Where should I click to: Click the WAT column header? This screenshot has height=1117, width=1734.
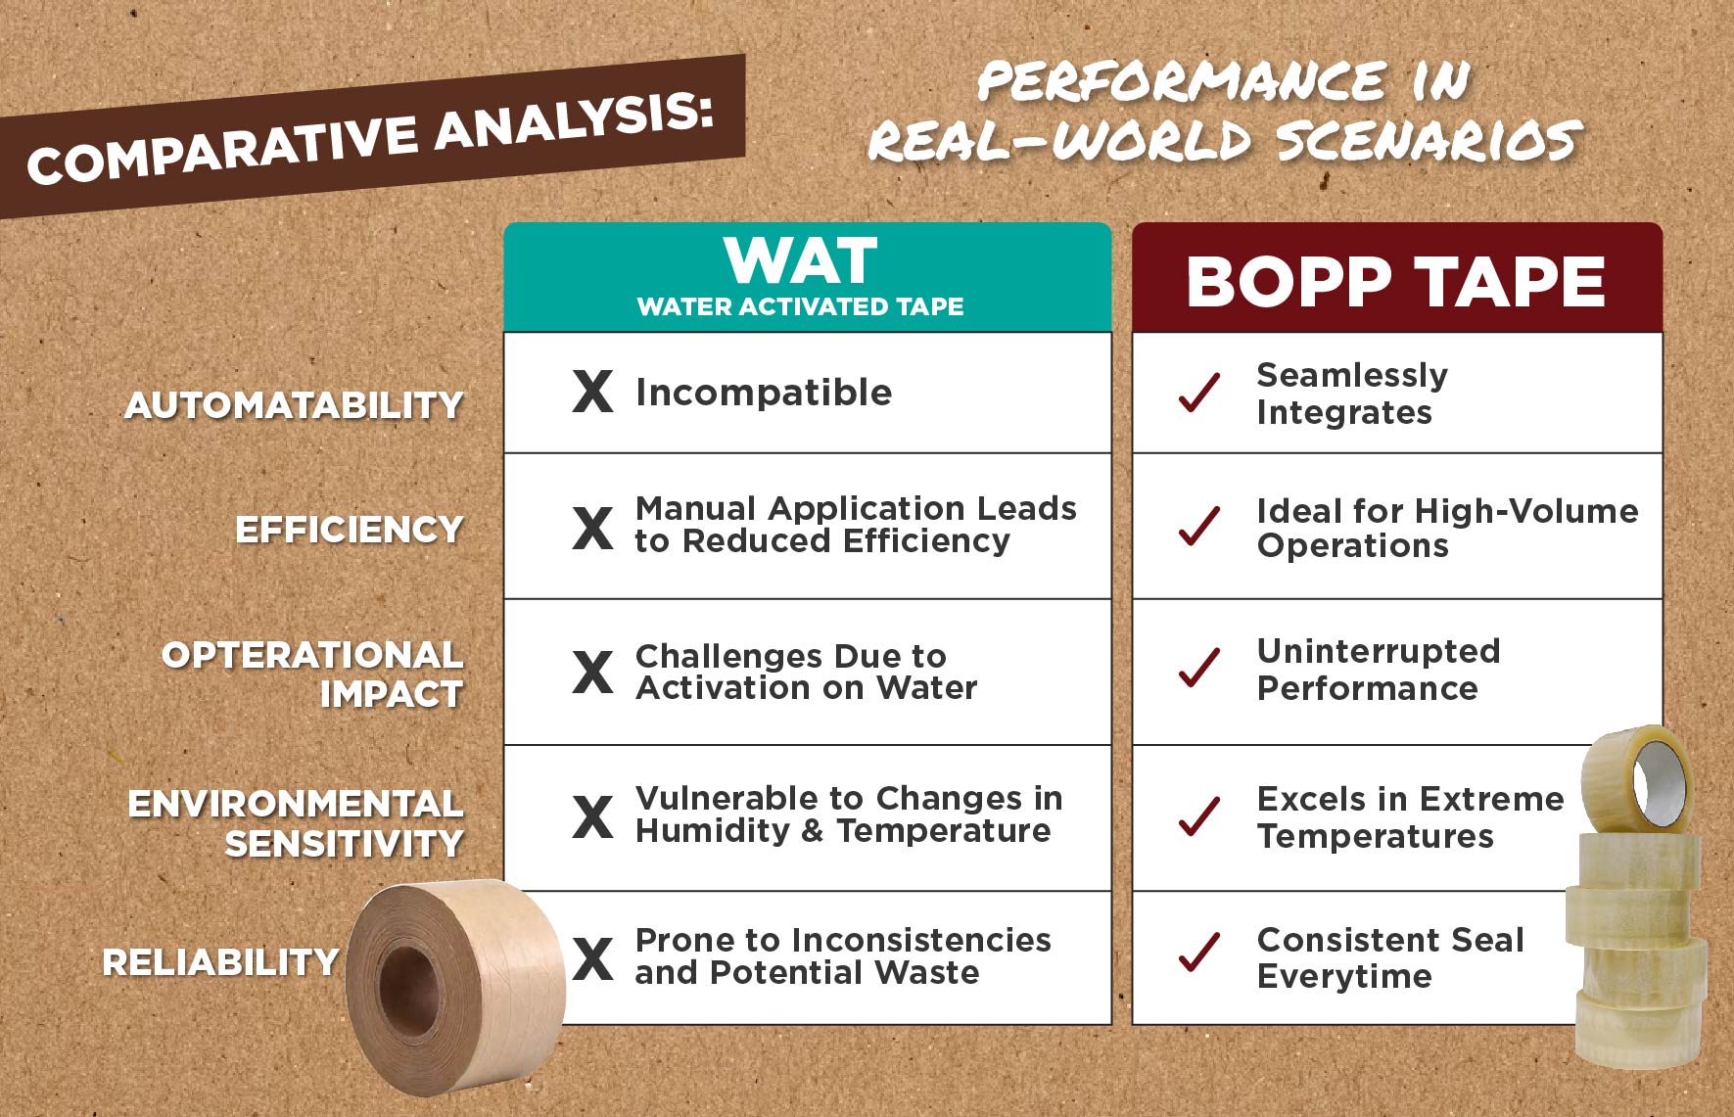pyautogui.click(x=808, y=277)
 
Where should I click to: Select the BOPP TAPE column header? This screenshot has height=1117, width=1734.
pyautogui.click(x=1397, y=277)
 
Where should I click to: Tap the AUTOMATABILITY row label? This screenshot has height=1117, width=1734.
pyautogui.click(x=294, y=405)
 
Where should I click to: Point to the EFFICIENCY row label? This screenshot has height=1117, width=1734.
pyautogui.click(x=350, y=530)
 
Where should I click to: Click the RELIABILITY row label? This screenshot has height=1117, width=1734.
pyautogui.click(x=221, y=962)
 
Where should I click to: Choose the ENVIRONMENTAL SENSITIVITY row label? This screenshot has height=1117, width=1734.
pyautogui.click(x=296, y=823)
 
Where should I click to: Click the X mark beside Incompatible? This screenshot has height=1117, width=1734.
pyautogui.click(x=593, y=392)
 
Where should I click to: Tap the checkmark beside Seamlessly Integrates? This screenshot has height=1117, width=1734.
pyautogui.click(x=1199, y=393)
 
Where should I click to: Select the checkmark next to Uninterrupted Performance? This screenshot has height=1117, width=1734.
pyautogui.click(x=1199, y=669)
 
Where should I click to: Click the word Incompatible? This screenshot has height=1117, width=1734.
pyautogui.click(x=764, y=393)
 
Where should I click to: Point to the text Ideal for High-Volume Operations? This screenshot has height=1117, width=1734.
pyautogui.click(x=1447, y=527)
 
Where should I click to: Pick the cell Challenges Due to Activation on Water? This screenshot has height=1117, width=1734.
pyautogui.click(x=808, y=672)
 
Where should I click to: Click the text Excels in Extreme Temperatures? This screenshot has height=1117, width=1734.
pyautogui.click(x=1410, y=816)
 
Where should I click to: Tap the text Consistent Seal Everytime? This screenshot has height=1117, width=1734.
pyautogui.click(x=1390, y=957)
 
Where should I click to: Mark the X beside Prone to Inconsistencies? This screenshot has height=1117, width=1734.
pyautogui.click(x=593, y=958)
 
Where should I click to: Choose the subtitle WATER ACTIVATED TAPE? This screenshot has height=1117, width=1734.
pyautogui.click(x=800, y=306)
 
